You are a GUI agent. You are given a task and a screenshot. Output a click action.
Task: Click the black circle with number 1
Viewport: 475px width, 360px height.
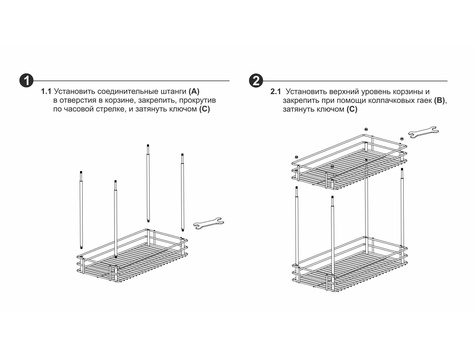[x=26, y=81]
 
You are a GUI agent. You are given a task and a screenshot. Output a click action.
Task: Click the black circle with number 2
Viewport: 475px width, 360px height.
[x=256, y=81]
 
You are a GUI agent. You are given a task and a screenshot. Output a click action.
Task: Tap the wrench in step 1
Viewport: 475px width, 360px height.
[x=209, y=223]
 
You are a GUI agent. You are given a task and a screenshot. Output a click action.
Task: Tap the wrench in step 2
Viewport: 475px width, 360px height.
[x=424, y=131]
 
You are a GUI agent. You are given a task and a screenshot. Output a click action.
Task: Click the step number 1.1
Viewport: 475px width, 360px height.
[x=46, y=91]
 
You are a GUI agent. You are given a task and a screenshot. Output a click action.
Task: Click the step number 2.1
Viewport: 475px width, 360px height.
[x=276, y=91]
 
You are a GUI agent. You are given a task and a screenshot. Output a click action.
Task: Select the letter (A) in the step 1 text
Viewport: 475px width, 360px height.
[x=194, y=91]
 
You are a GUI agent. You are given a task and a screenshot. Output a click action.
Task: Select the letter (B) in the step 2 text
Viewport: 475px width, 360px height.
[x=440, y=100]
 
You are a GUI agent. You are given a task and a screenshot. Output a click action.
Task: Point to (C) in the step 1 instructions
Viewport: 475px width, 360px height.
[x=204, y=109]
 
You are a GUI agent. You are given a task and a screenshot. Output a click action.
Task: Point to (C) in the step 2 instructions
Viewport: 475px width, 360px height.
[x=352, y=109]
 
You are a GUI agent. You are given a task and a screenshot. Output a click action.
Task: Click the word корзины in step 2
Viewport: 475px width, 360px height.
[x=408, y=92]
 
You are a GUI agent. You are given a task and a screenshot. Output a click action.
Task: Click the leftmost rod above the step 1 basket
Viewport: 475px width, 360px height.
[x=81, y=210]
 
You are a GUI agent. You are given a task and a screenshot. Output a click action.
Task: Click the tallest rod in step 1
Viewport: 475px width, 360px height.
[x=148, y=183]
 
